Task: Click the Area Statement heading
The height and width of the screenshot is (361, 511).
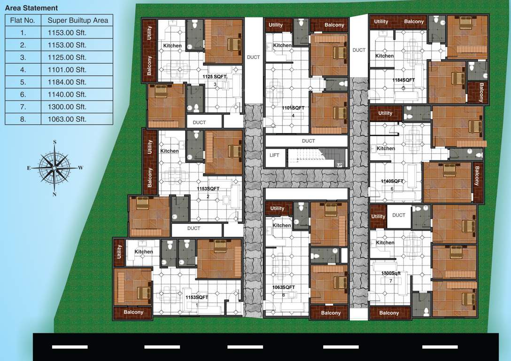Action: coord(31,8)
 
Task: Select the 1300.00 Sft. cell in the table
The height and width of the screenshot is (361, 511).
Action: coord(67,107)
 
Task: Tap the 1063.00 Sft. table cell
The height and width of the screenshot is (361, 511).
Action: coord(67,119)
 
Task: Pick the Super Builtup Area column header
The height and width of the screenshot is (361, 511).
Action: coord(77,20)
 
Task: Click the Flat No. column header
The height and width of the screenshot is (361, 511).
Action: coord(23,20)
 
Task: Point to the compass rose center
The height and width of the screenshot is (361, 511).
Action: coord(54,167)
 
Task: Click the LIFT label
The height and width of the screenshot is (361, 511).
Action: coord(274,155)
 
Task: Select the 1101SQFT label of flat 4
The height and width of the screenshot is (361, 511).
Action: coord(293,108)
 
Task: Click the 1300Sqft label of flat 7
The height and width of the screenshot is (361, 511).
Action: coord(391,273)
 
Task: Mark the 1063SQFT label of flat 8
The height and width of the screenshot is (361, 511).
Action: coord(284,287)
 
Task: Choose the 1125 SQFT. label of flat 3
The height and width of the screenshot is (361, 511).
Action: coord(215,76)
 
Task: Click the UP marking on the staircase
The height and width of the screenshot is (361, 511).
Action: coord(339,165)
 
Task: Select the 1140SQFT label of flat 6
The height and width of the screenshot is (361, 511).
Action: coord(392,181)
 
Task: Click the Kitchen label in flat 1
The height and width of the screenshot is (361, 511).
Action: coord(144,252)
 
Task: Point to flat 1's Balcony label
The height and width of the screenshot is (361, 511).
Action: coord(133,312)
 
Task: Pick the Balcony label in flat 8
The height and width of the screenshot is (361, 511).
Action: coord(331,313)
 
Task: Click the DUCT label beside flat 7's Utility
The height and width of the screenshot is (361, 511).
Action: coord(399,215)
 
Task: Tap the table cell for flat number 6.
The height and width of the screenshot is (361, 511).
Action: coord(23,94)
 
